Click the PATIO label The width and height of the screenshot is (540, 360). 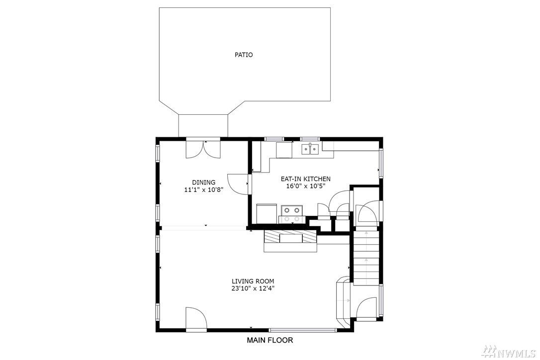click(244, 55)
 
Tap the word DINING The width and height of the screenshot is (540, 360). click(203, 182)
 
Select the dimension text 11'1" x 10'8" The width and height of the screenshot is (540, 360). click(203, 189)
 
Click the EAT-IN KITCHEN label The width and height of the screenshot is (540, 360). click(305, 179)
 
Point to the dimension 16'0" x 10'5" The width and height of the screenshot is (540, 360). click(305, 186)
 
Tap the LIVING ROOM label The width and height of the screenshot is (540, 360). click(253, 281)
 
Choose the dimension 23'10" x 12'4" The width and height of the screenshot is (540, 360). click(253, 288)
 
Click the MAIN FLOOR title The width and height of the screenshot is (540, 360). click(270, 341)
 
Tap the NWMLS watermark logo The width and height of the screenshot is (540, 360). click(509, 351)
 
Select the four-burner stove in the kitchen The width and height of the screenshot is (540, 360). click(292, 214)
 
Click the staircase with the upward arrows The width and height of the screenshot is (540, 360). click(366, 258)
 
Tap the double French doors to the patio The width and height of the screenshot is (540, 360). click(203, 149)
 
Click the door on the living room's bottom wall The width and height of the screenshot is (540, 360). click(196, 319)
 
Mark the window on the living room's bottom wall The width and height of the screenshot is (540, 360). click(302, 330)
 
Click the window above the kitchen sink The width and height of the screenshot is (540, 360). click(310, 139)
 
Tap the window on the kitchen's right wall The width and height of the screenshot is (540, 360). click(381, 163)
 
